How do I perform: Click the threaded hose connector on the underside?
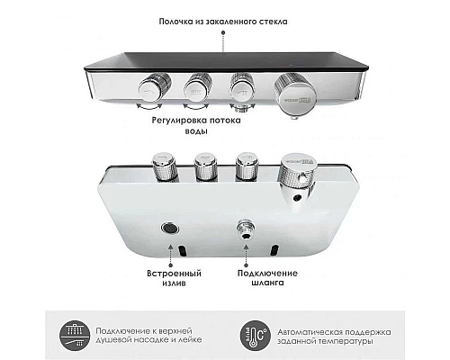241,229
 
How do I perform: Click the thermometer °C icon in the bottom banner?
254,334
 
